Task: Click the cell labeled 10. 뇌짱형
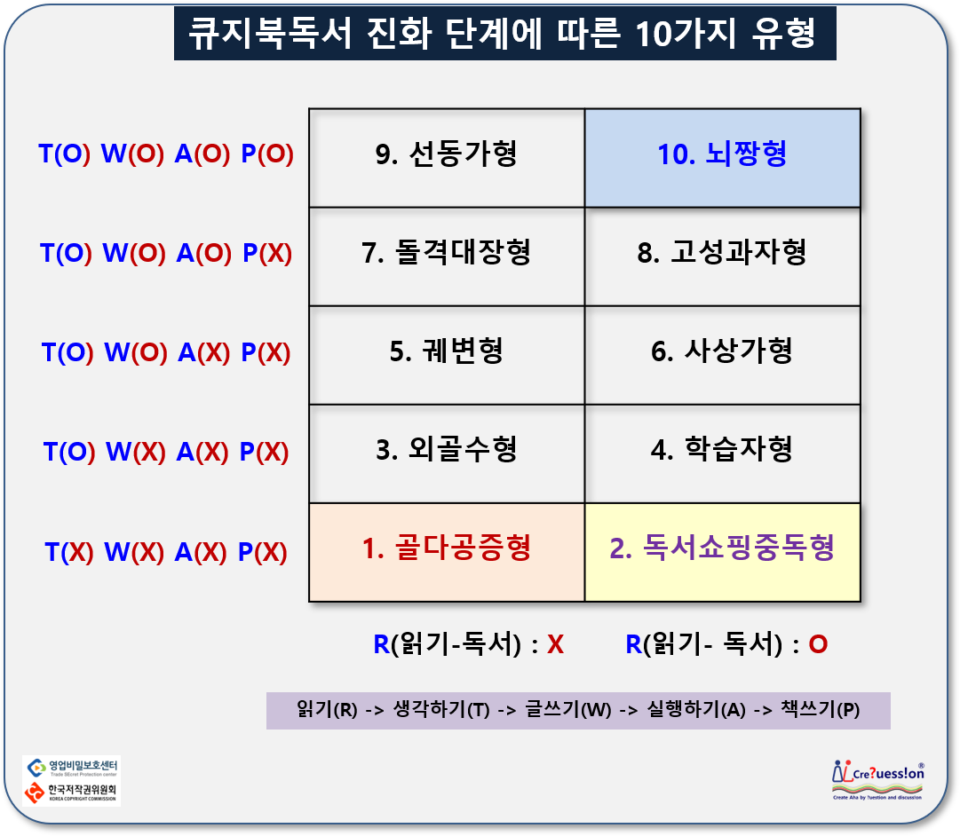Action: point(722,157)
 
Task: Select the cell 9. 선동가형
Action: point(447,157)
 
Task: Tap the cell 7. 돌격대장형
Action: point(447,256)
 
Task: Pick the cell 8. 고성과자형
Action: point(722,256)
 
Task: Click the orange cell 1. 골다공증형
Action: point(447,551)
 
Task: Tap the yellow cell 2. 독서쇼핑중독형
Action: point(722,551)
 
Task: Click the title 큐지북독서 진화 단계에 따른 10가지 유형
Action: point(504,35)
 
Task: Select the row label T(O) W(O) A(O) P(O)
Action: point(166,154)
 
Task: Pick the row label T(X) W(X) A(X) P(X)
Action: point(166,553)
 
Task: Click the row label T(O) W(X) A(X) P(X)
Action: point(166,453)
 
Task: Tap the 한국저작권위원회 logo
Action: point(71,793)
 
